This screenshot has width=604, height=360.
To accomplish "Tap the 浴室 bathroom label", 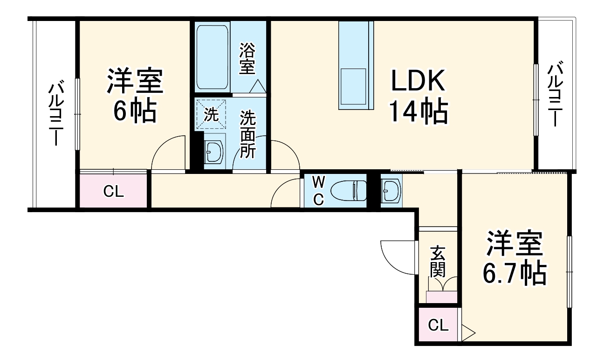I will pos(247,59).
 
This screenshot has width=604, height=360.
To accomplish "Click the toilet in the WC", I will pos(348,190).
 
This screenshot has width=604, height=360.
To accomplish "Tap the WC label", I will pos(318,190).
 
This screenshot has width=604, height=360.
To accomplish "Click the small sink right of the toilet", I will pos(390,190).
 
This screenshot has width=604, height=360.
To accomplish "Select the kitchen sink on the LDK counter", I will pos(353,86).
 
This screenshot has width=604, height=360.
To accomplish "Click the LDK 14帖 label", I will pos(419,98).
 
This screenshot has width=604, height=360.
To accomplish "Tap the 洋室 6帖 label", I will pos(135,96).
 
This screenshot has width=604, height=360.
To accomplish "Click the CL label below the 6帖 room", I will pos(114,192).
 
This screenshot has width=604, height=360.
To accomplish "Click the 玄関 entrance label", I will pos(438,261).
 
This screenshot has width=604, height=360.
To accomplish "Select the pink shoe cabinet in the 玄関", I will pos(441,297).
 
